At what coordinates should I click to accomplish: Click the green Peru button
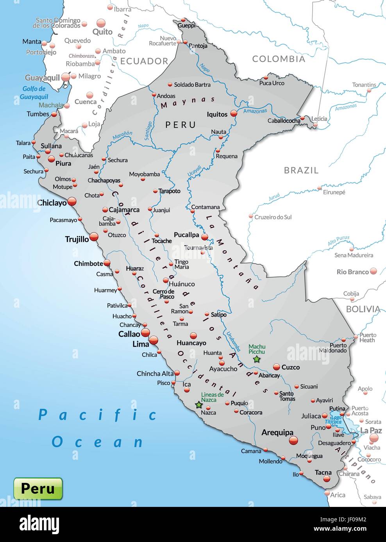pyautogui.click(x=38, y=488)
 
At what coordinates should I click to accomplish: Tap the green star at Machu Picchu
pyautogui.click(x=256, y=359)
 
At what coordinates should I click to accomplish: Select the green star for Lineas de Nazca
pyautogui.click(x=199, y=405)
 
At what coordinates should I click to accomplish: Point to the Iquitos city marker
pyautogui.click(x=234, y=113)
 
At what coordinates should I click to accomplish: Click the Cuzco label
pyautogui.click(x=291, y=367)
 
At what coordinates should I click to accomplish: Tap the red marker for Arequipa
pyautogui.click(x=293, y=441)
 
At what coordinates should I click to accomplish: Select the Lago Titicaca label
pyautogui.click(x=333, y=420)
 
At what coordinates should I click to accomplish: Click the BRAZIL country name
pyautogui.click(x=301, y=170)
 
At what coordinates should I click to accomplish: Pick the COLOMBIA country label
pyautogui.click(x=279, y=59)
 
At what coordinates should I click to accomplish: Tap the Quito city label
pyautogui.click(x=102, y=32)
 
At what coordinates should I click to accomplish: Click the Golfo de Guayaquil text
pyautogui.click(x=34, y=93)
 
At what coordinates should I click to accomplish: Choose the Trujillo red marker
pyautogui.click(x=94, y=237)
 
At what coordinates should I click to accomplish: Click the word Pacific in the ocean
pyautogui.click(x=98, y=414)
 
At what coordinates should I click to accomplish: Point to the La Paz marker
pyautogui.click(x=374, y=438)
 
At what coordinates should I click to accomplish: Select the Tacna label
pyautogui.click(x=323, y=472)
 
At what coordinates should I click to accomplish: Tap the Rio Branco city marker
pyautogui.click(x=373, y=271)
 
